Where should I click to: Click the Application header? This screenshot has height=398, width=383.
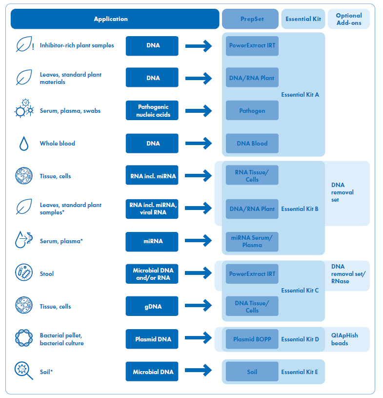click(x=115, y=19)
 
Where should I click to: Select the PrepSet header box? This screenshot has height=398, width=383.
click(x=250, y=19)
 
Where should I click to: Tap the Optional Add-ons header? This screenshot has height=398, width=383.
click(x=349, y=19)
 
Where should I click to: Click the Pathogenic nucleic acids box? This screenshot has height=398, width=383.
click(x=152, y=110)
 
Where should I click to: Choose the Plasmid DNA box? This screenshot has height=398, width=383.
click(x=152, y=339)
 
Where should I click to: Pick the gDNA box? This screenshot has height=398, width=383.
click(x=152, y=306)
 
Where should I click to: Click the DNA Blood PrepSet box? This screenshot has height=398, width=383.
click(x=252, y=144)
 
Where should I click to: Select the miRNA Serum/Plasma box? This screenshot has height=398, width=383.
click(x=252, y=242)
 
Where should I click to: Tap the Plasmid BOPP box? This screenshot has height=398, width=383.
click(x=252, y=339)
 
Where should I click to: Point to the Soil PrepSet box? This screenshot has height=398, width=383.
click(x=252, y=372)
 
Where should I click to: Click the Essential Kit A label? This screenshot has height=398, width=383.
click(x=300, y=95)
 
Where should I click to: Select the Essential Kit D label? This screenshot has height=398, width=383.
click(x=300, y=339)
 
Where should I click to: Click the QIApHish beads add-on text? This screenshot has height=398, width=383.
click(x=344, y=339)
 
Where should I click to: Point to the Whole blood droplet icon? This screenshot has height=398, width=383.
click(x=24, y=144)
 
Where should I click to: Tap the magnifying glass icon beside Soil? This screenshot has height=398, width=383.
click(x=23, y=371)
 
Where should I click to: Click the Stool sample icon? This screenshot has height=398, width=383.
click(x=24, y=272)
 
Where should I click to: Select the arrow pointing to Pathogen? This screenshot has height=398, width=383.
click(x=199, y=111)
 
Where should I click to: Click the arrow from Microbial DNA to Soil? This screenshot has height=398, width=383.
click(x=199, y=370)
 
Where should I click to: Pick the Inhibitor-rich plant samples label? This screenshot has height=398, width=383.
click(x=77, y=45)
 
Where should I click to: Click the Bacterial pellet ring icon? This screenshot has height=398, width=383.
click(x=24, y=338)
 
